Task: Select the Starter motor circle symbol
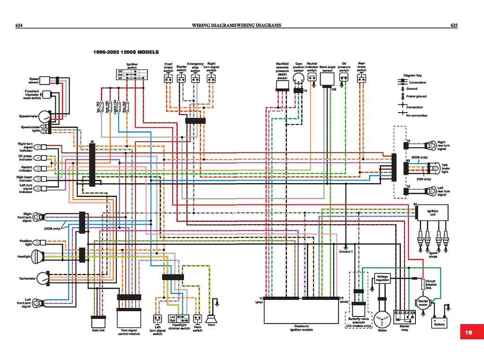422,302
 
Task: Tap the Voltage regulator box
382,278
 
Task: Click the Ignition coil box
432,212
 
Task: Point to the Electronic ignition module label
302,327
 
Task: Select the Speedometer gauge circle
44,116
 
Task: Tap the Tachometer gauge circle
43,278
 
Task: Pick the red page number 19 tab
468,332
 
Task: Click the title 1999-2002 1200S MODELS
126,52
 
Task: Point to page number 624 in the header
20,25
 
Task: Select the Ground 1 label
346,251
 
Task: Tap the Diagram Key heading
412,75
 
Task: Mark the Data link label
98,330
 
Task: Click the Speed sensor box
46,80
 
